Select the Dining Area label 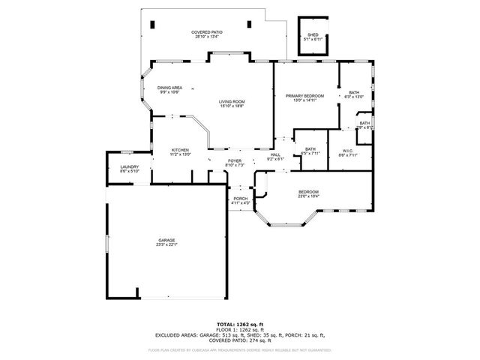click(169, 88)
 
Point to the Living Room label click(232, 101)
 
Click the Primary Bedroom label click(304, 96)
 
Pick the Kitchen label click(180, 149)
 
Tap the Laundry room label click(130, 167)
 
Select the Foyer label click(235, 160)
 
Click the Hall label click(275, 154)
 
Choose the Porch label click(240, 198)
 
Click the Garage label click(166, 240)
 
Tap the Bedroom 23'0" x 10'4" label click(309, 191)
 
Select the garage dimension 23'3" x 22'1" click(166, 244)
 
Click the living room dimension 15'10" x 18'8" click(232, 106)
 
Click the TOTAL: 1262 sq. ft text click(239, 324)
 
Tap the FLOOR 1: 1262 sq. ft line click(239, 330)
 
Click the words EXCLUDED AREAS click(175, 335)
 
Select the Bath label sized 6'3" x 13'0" click(355, 92)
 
